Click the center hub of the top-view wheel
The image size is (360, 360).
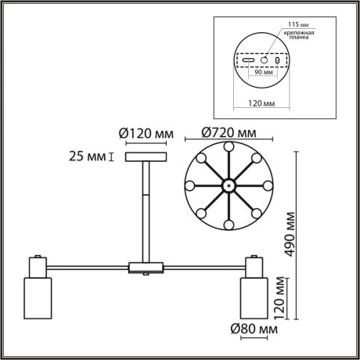pyautogui.click(x=228, y=186)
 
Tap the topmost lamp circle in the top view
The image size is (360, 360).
pyautogui.click(x=228, y=146)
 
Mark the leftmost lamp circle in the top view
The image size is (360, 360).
pyautogui.click(x=188, y=186)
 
